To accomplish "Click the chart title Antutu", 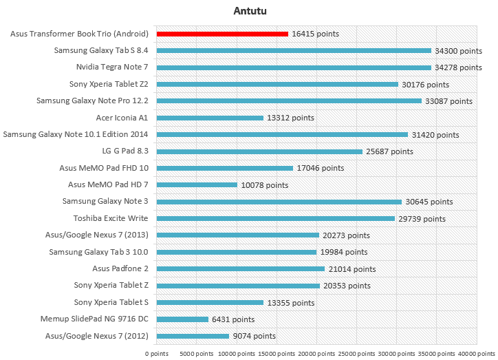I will point(249,11).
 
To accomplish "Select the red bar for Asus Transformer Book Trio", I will point(222,34).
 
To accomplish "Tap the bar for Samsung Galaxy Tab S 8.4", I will point(294,50).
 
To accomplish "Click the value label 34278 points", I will point(458,67).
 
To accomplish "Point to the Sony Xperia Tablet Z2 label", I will point(108,84).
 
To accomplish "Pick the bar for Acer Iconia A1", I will point(210,118).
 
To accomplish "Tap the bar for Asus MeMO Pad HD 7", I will point(197,185).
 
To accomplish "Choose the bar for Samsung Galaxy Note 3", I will point(279,202).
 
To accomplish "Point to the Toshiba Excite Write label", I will point(111,219).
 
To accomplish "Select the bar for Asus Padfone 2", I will point(241,269).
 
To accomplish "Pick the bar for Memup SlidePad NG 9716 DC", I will point(182,319).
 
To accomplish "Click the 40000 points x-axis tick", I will point(476,352).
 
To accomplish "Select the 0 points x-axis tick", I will point(157,352).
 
